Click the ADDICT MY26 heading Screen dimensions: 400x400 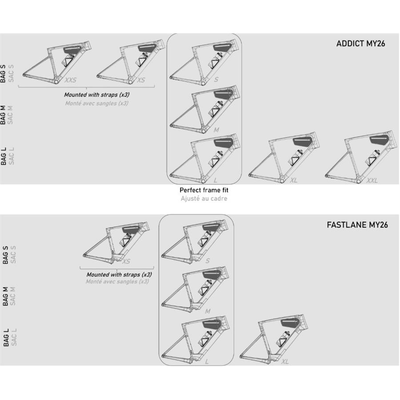click(360, 44)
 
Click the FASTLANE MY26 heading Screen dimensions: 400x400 click(357, 225)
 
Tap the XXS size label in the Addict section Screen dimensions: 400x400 click(70, 80)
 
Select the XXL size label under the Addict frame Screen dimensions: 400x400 click(372, 180)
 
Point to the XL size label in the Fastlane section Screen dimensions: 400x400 click(285, 362)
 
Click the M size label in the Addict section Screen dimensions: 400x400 click(216, 130)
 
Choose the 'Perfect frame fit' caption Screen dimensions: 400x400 click(204, 190)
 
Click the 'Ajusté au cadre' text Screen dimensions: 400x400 click(204, 199)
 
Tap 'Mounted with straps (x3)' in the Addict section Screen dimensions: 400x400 click(97, 95)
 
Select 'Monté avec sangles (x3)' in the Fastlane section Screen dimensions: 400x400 click(117, 282)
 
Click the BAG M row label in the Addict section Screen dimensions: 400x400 click(3, 115)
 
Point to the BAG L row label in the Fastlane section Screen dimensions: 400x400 click(6, 337)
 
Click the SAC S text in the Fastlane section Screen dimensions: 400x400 click(13, 255)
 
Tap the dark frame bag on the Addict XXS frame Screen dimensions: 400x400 click(72, 49)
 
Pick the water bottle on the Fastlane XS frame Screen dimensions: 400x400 click(127, 239)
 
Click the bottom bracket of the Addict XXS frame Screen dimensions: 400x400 click(56, 82)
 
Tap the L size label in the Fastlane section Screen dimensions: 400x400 click(207, 362)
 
